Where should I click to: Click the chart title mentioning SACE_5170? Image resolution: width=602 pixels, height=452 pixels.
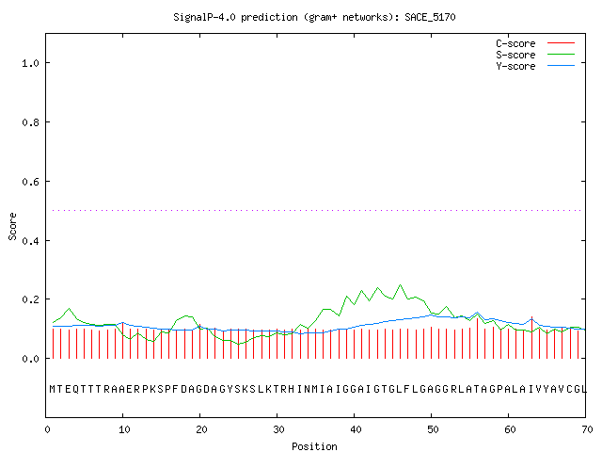tap(314, 17)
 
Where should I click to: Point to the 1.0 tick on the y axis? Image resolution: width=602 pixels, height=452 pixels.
tap(31, 63)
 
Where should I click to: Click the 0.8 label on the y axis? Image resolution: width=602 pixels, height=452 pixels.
tap(31, 122)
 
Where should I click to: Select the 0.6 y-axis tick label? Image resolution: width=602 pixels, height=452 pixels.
tap(31, 182)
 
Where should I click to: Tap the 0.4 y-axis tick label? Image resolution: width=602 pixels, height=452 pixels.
tap(31, 241)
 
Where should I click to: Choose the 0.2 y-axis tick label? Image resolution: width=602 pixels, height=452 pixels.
tap(31, 299)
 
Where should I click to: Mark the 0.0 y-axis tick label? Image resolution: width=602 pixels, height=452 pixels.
tap(31, 359)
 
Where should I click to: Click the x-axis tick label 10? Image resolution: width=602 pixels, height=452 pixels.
tap(124, 429)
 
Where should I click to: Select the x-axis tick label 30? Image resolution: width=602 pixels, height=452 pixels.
tap(278, 429)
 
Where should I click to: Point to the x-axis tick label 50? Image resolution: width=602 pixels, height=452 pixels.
tap(433, 429)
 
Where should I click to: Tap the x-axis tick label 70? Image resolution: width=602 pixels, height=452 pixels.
tap(587, 429)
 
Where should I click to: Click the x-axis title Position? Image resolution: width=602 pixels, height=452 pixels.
tap(314, 446)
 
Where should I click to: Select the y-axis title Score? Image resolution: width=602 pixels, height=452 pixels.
tap(12, 226)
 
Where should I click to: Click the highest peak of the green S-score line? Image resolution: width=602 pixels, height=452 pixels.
tap(401, 284)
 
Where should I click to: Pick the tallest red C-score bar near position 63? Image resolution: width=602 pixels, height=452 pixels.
tap(531, 337)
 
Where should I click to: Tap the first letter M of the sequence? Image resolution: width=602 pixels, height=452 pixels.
tap(53, 389)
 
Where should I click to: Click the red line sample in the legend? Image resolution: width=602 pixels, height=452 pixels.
tap(561, 43)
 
